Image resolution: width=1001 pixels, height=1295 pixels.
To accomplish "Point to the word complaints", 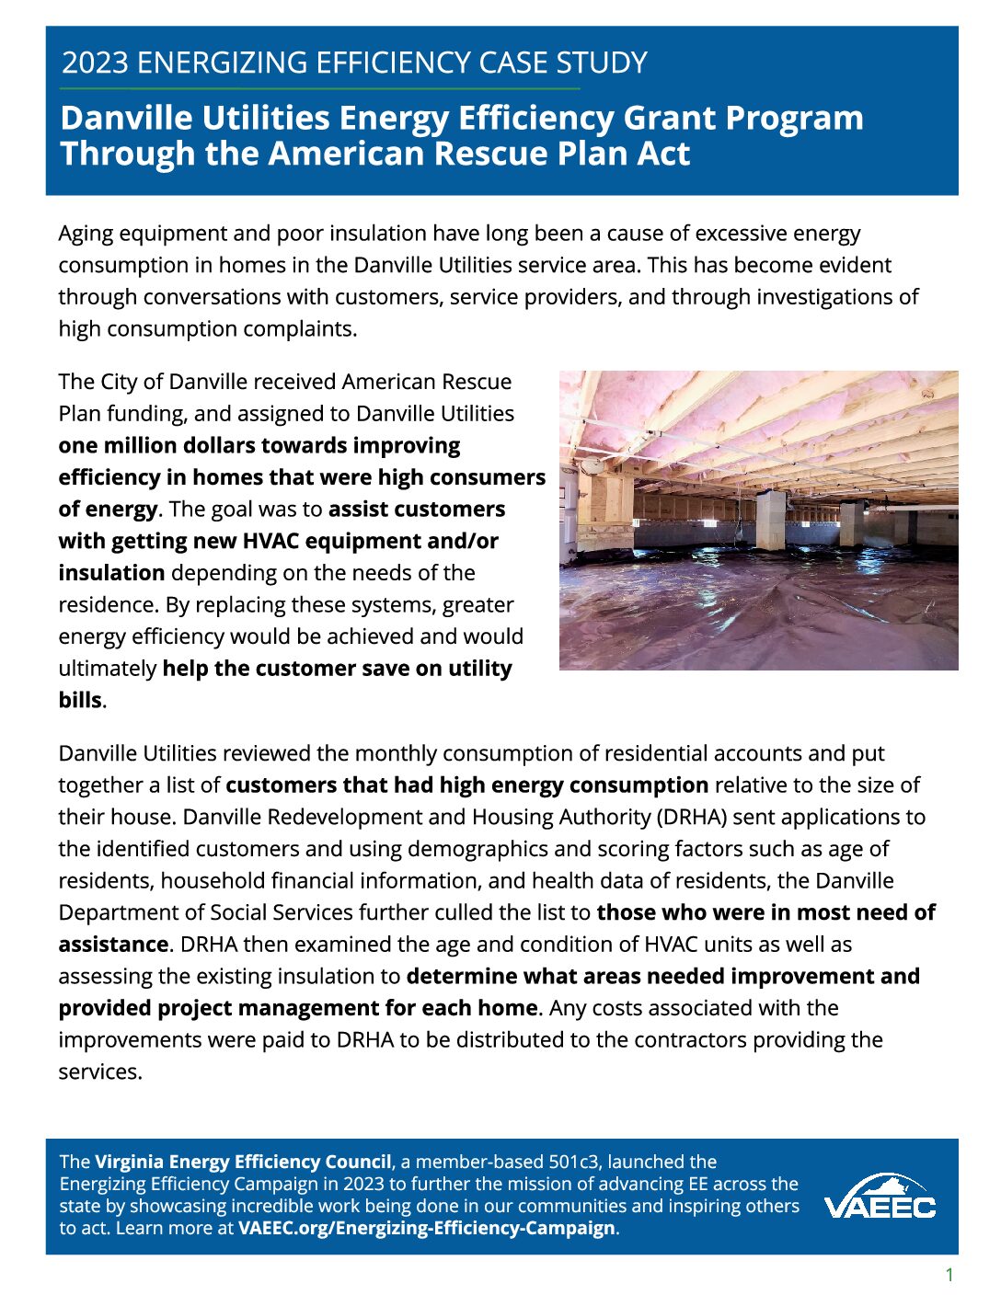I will point(300,328).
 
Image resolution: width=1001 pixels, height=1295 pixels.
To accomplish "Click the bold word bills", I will point(79,700).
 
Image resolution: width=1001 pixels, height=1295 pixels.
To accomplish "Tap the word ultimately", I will point(107,669).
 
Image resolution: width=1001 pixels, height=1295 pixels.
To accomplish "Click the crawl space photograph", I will point(758,520).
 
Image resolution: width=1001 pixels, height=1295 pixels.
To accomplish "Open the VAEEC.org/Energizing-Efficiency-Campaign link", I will point(426,1228).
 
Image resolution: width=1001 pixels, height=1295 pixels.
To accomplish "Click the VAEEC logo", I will point(880,1197).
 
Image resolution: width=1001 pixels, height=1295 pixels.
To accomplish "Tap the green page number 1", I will point(949,1275).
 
